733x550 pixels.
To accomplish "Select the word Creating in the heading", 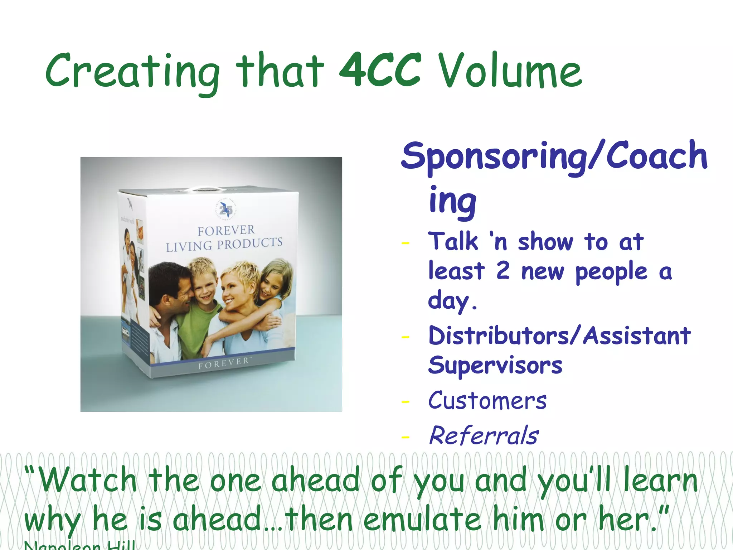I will coord(133,72).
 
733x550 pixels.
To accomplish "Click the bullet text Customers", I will coord(487,401).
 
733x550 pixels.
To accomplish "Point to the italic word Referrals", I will coord(484,436).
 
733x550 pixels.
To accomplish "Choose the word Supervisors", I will coord(495,366).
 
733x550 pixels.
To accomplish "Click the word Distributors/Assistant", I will coord(559,336).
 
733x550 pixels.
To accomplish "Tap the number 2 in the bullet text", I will coord(503,271).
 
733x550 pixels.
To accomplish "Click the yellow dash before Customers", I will coord(406,402).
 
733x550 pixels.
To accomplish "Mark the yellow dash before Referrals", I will coord(406,437).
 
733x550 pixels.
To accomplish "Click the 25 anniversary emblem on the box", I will coord(226,209).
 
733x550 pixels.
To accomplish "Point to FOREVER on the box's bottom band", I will coord(224,363).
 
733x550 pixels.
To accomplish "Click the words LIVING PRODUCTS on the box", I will coord(224,245).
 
